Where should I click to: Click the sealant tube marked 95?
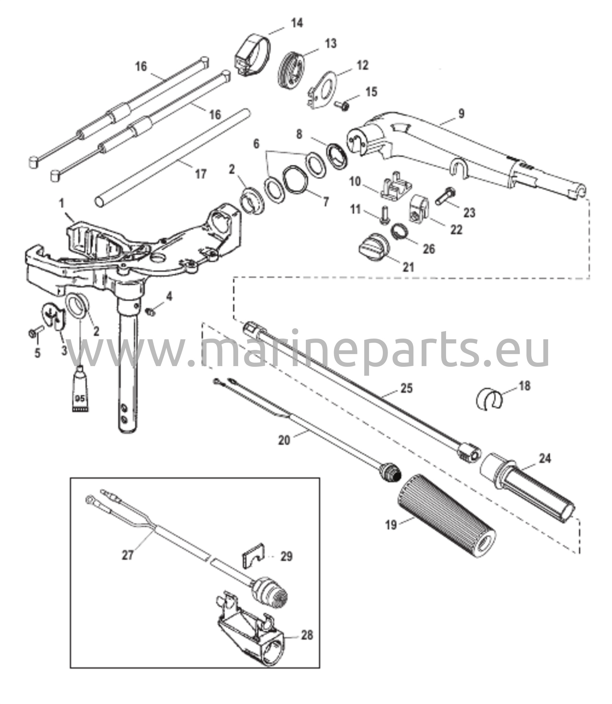80,388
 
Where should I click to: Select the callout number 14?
297,23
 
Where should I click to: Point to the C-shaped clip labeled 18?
489,399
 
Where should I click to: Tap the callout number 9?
461,113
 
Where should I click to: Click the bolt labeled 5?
35,332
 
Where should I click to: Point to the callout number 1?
62,204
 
